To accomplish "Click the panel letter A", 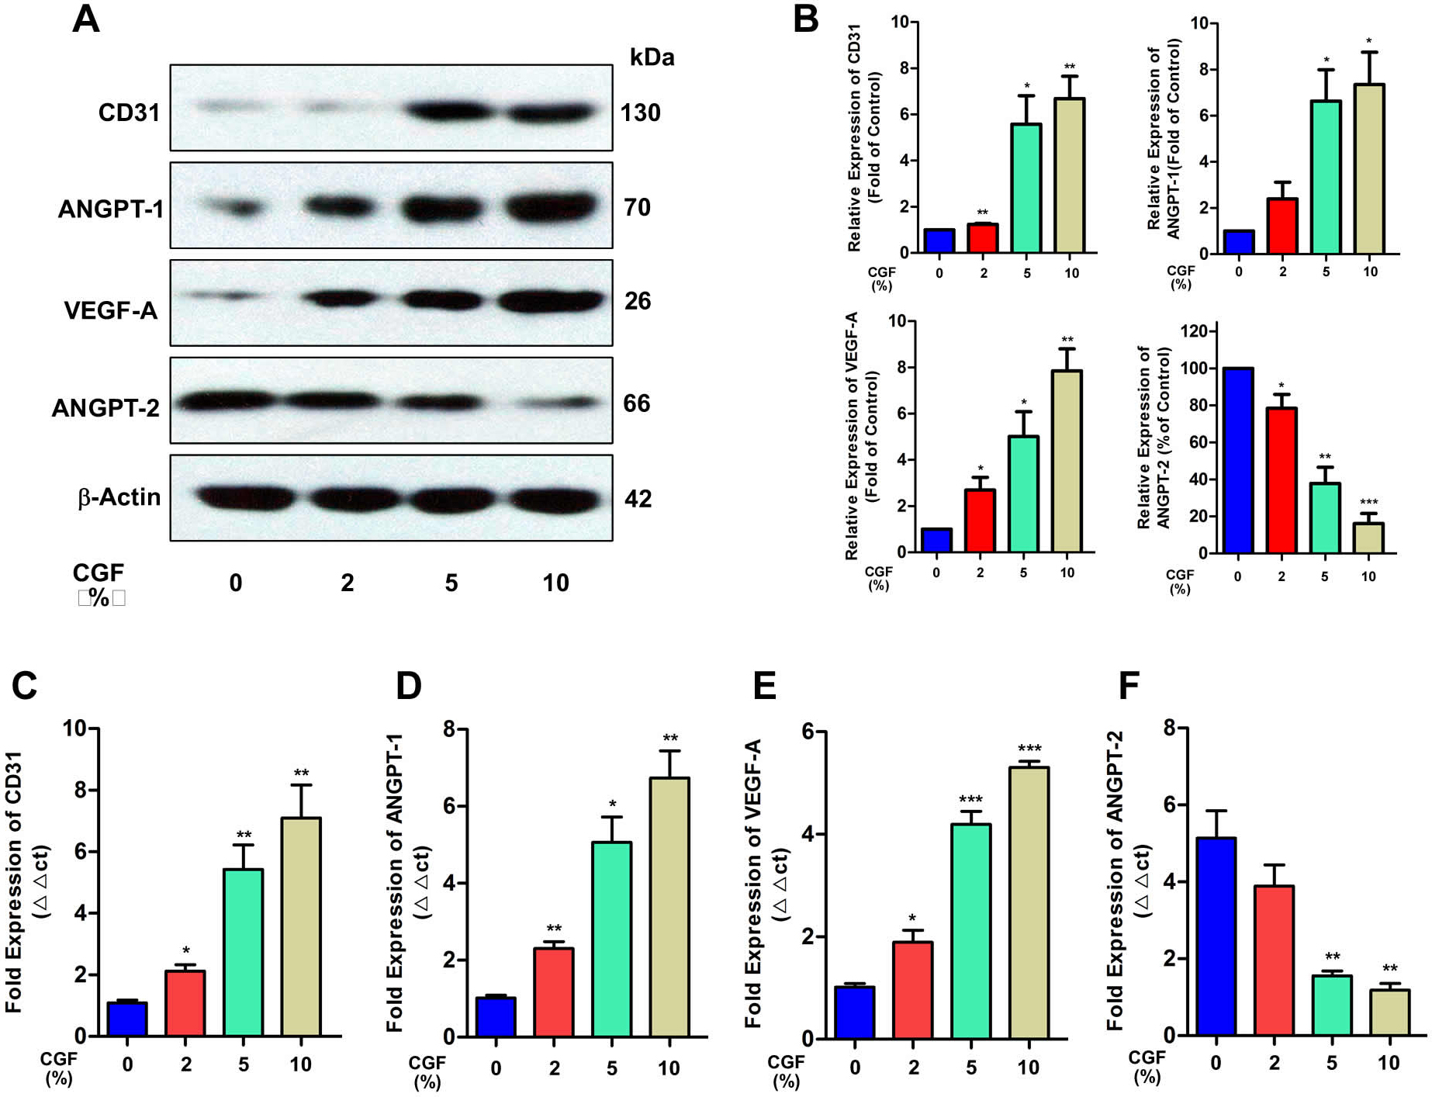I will click(x=86, y=19).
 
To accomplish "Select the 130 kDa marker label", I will click(x=640, y=113).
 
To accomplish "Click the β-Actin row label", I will click(x=119, y=497).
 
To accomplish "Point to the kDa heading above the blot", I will click(x=652, y=57).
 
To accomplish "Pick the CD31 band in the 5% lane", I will click(x=451, y=112).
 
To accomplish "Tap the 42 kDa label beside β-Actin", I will click(x=638, y=499).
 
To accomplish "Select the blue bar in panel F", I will click(x=1216, y=936).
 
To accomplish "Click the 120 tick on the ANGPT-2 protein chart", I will click(x=1193, y=332).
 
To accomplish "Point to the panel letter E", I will click(x=764, y=686).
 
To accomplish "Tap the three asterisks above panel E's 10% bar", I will click(x=1029, y=749).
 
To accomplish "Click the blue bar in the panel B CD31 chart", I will click(x=939, y=241).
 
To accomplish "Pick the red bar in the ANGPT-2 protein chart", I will click(x=1281, y=480).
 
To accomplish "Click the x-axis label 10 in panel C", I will click(x=300, y=1064).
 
